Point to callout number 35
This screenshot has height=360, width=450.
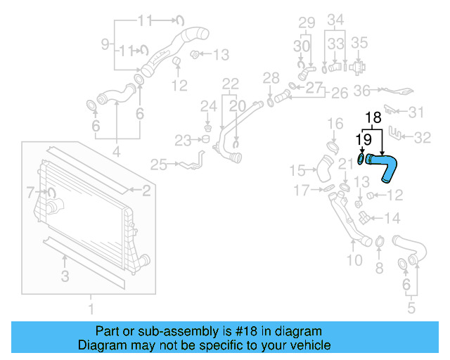pyautogui.click(x=359, y=42)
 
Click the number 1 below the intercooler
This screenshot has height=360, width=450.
pyautogui.click(x=90, y=308)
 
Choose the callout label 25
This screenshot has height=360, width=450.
pyautogui.click(x=158, y=165)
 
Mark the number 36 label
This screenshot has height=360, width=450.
pyautogui.click(x=362, y=90)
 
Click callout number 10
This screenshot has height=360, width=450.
pyautogui.click(x=354, y=261)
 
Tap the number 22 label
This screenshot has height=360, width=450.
pyautogui.click(x=231, y=83)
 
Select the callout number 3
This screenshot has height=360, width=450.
pyautogui.click(x=65, y=277)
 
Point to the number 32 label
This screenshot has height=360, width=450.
pyautogui.click(x=423, y=138)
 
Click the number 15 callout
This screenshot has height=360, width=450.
pyautogui.click(x=298, y=170)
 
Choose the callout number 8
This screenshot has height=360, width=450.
pyautogui.click(x=379, y=267)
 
